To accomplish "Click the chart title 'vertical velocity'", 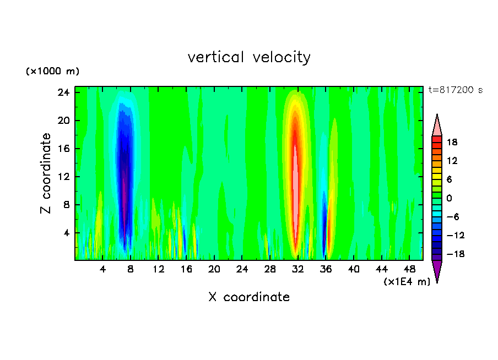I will point(249,57).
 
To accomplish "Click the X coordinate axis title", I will point(249,297).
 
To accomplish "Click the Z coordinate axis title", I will point(46,173).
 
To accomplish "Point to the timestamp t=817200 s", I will point(455,90).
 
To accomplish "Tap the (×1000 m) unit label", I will point(52,72).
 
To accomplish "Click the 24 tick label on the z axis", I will point(64,92).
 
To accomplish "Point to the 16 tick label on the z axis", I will point(64,149).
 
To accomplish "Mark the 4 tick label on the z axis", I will point(67,233).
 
